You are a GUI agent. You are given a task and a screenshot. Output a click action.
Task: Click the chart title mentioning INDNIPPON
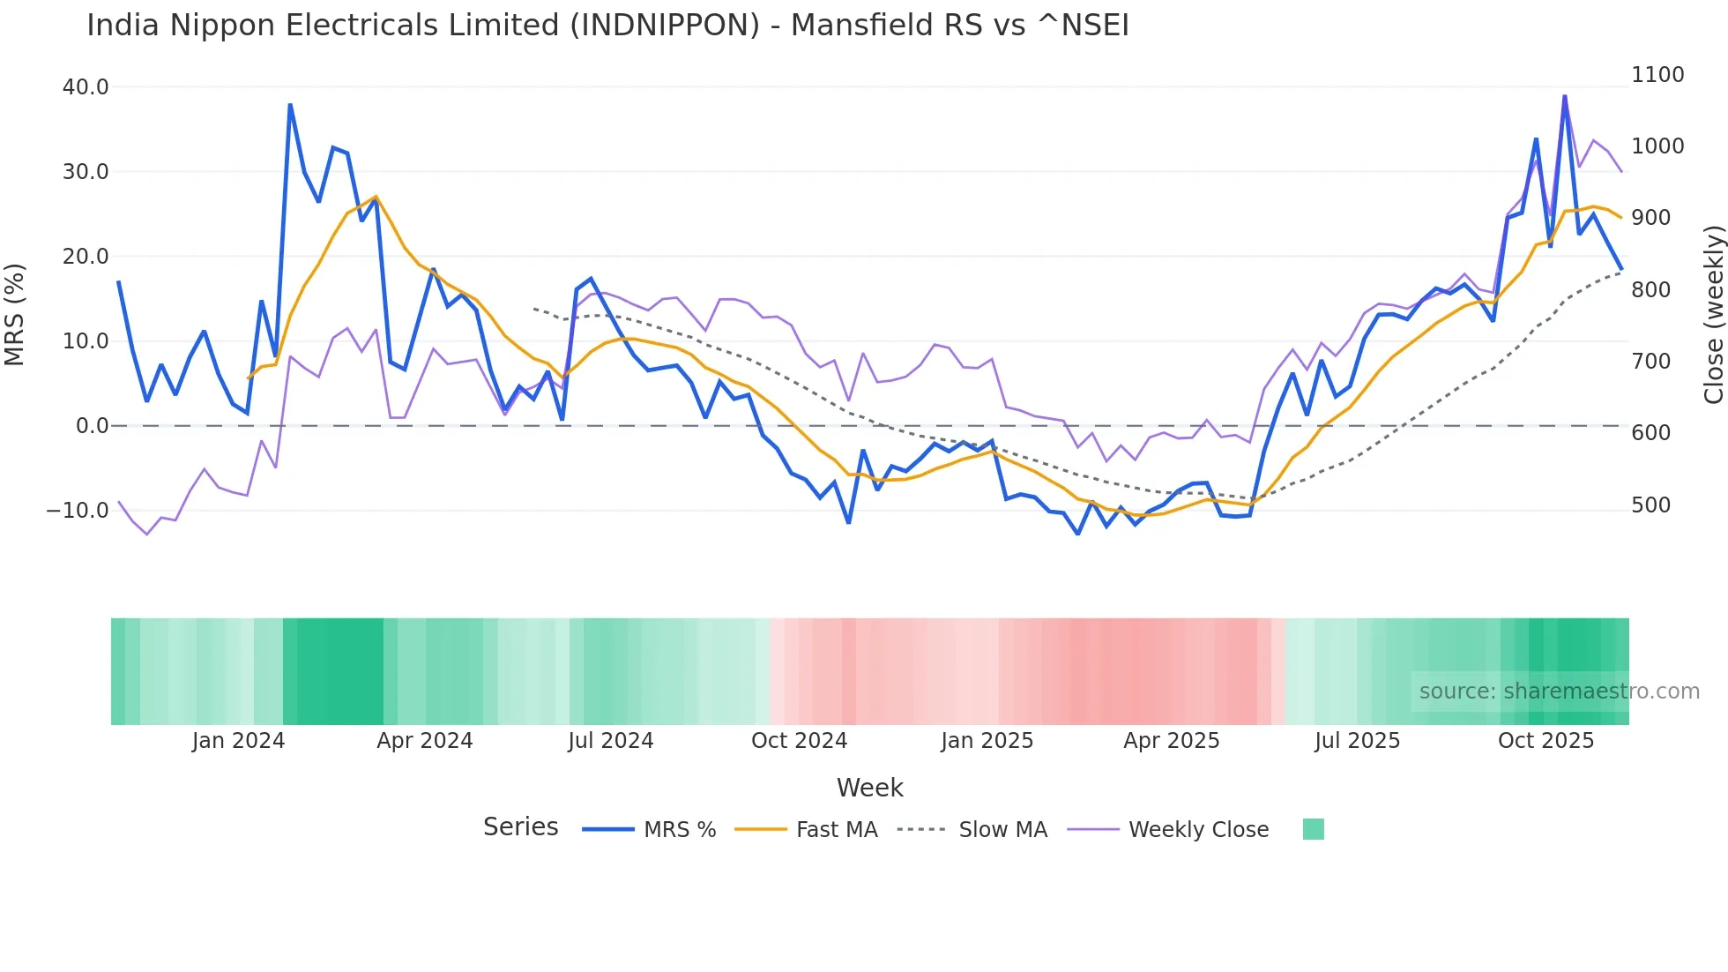pos(607,26)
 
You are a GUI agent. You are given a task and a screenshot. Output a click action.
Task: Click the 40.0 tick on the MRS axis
pos(86,87)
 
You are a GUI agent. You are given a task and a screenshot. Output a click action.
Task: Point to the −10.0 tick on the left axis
pos(78,511)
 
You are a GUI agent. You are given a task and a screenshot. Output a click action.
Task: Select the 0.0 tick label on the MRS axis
pos(92,426)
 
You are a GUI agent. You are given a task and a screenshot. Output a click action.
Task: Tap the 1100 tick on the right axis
pos(1657,75)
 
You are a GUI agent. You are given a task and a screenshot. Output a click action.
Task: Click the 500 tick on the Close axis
pos(1650,505)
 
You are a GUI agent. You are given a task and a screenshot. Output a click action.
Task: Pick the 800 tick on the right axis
pos(1650,290)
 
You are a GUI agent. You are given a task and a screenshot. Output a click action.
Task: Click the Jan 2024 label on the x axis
pos(238,741)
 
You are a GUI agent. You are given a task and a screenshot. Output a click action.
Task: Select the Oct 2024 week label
pos(799,741)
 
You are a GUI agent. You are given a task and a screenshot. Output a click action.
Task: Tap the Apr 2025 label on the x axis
pos(1171,741)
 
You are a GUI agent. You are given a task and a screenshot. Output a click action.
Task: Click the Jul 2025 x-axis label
pos(1357,741)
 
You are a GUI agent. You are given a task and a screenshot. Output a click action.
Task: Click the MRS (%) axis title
pos(15,315)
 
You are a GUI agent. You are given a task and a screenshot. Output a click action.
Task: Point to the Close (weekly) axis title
pos(1713,315)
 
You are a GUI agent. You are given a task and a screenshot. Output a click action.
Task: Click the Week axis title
pos(869,788)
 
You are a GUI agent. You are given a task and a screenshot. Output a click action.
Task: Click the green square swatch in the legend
pos(1313,829)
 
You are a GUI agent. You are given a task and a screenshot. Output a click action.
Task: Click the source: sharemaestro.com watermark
pos(1559,692)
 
